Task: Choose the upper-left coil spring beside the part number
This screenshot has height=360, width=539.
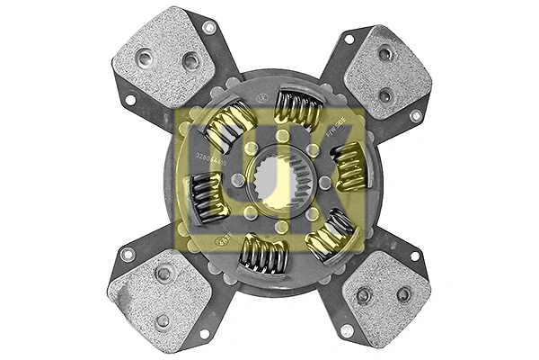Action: [x=231, y=126]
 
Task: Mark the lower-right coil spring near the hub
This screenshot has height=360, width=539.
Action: [x=330, y=232]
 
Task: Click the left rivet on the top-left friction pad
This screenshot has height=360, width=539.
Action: [x=145, y=59]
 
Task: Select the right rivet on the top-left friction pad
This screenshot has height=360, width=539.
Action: [x=190, y=61]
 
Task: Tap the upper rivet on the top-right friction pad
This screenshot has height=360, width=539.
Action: [x=385, y=54]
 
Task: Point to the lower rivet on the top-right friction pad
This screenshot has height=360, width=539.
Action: [x=384, y=94]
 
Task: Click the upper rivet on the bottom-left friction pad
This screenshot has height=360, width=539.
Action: [x=163, y=274]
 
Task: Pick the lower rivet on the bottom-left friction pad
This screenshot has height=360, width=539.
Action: [x=163, y=319]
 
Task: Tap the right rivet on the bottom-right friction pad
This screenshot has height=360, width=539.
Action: [x=403, y=293]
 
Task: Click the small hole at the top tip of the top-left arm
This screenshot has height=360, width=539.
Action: [x=209, y=28]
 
